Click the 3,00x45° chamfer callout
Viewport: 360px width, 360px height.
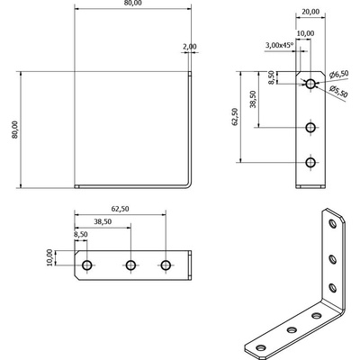click(280, 45)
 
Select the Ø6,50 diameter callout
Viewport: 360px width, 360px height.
click(339, 73)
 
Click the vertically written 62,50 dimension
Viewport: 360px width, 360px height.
click(235, 116)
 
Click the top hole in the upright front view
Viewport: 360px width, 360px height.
click(310, 85)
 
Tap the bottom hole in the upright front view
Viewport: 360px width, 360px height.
click(310, 162)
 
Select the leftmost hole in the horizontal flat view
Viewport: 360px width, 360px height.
click(87, 265)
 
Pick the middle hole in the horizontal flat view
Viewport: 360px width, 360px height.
click(130, 265)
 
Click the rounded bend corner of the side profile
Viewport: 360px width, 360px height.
click(189, 184)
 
